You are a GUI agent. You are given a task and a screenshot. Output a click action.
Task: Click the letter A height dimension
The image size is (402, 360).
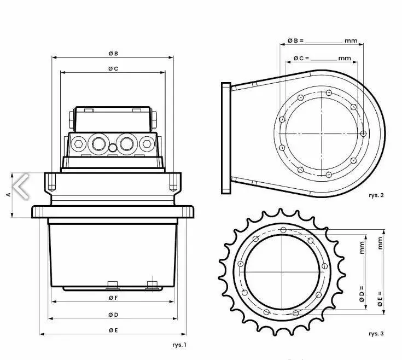(x=8, y=194)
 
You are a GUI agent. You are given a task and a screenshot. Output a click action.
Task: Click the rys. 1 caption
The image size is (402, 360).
(x=179, y=345)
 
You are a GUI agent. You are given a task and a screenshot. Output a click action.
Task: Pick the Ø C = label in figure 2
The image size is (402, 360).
(x=301, y=58)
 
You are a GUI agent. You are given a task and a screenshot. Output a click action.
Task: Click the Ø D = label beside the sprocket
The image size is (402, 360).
(x=362, y=296)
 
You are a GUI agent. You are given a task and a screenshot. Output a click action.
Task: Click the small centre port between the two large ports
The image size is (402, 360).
(x=113, y=147)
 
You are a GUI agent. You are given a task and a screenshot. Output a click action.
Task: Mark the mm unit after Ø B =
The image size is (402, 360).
(x=351, y=40)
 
